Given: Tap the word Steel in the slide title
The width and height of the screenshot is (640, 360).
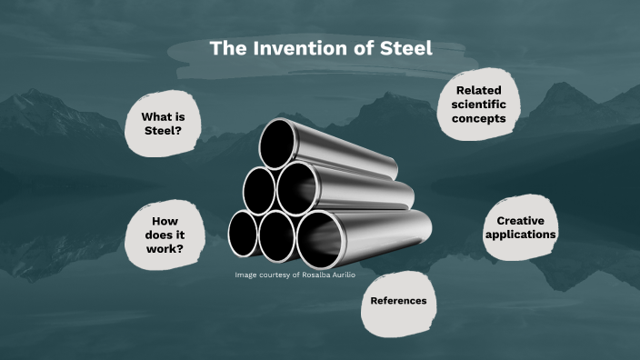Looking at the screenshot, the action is (405, 49).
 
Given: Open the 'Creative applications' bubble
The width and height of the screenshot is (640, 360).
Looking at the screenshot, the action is (521, 227).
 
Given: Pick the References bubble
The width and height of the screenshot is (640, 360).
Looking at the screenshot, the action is (397, 301).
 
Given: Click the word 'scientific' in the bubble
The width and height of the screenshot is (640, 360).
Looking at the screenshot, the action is (479, 105).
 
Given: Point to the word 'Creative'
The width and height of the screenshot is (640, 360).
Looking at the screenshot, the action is (521, 221).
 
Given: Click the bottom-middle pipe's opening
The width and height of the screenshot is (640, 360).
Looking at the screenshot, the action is (276, 235).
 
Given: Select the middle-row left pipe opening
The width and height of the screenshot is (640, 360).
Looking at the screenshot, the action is (259, 190).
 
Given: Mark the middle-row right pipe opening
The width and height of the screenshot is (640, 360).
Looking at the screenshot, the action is (296, 189).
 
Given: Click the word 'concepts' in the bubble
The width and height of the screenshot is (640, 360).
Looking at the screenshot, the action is (479, 119).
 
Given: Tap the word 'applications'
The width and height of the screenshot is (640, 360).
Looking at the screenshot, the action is (521, 235).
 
